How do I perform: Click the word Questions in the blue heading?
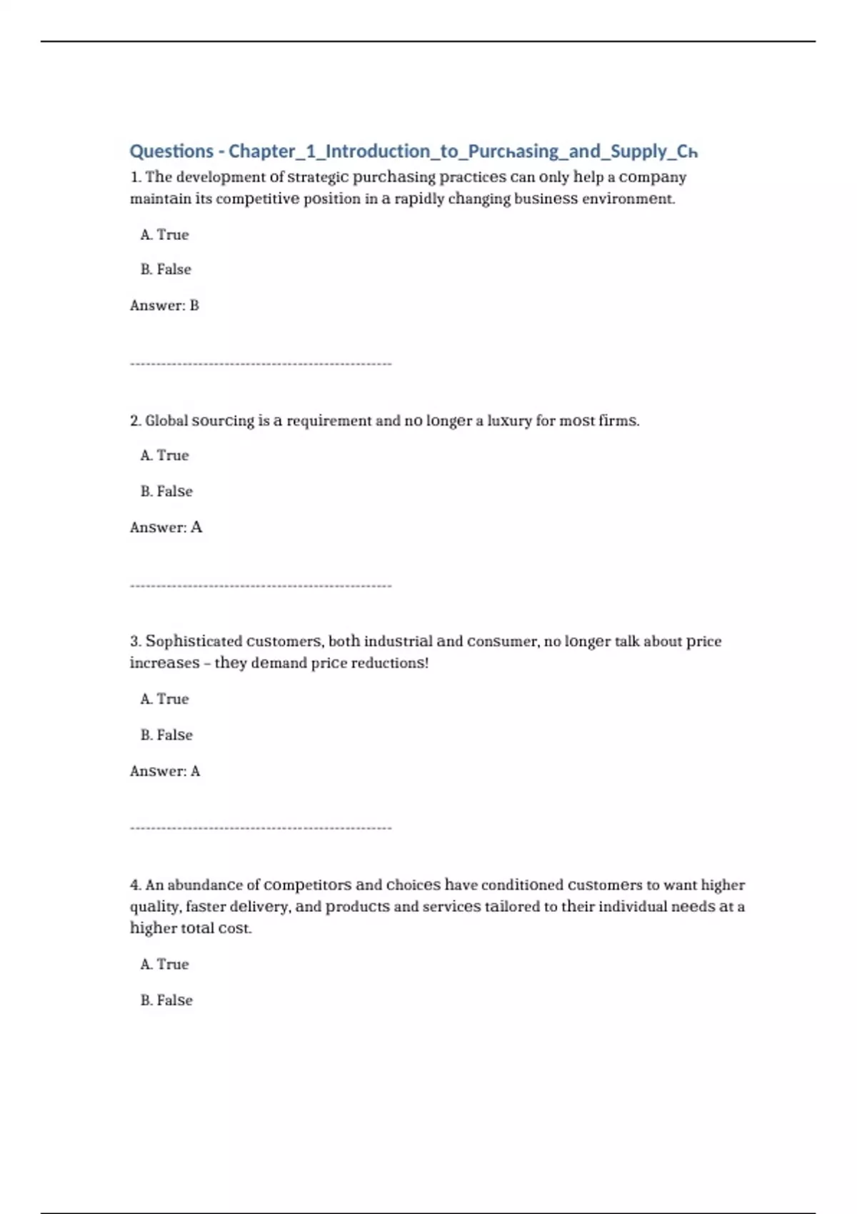pos(171,151)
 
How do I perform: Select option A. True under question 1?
pos(164,235)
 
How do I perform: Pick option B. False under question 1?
pos(166,270)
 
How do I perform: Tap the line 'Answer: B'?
pos(164,306)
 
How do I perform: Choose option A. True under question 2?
pos(164,456)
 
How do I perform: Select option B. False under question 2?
pos(166,491)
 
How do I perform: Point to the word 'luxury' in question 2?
pos(509,421)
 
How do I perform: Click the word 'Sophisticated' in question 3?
pos(194,641)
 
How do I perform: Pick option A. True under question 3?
pos(164,699)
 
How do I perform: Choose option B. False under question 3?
pos(166,735)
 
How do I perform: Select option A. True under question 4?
pos(164,964)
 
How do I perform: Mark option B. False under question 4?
pos(166,1000)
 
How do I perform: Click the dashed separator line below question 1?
pos(261,364)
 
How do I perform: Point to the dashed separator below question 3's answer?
pos(261,828)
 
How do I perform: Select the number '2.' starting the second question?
pos(136,421)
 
